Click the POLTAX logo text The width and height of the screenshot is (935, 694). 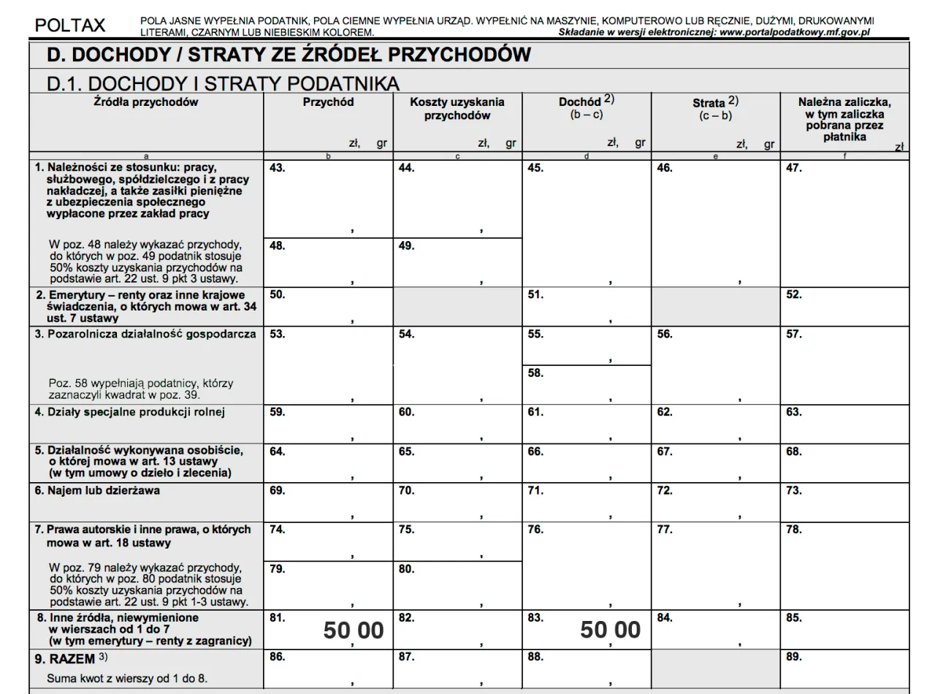point(70,26)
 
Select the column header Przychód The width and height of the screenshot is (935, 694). point(328,102)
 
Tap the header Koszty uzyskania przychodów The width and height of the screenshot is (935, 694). point(457,109)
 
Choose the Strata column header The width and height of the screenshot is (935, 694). point(715,104)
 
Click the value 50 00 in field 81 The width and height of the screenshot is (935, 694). point(354,630)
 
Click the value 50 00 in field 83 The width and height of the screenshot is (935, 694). point(611,630)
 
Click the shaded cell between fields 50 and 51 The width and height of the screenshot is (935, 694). point(457,306)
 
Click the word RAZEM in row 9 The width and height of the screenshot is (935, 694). point(73,659)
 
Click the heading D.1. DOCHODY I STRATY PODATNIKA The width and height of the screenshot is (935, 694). point(223,83)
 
